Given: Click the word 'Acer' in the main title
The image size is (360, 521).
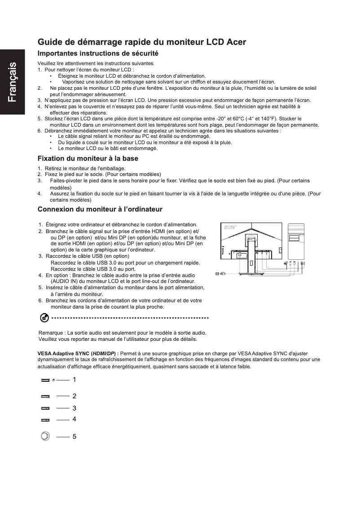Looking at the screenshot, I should pyautogui.click(x=236, y=43).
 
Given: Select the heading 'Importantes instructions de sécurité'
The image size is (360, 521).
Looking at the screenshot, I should pyautogui.click(x=98, y=53).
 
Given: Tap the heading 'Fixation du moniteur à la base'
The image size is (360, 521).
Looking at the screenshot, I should pyautogui.click(x=88, y=159).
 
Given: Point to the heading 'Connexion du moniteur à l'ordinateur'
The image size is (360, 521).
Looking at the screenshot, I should pyautogui.click(x=100, y=209).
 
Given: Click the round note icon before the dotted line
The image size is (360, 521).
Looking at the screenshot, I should pyautogui.click(x=44, y=318).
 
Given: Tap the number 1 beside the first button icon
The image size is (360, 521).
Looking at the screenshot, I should pyautogui.click(x=74, y=380).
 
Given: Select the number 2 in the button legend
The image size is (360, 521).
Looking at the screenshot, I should pyautogui.click(x=74, y=396).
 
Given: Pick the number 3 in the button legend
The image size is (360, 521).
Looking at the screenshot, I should pyautogui.click(x=74, y=408).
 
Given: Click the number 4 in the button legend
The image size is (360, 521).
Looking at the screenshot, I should pyautogui.click(x=74, y=419).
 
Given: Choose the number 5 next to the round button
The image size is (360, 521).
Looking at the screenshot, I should pyautogui.click(x=74, y=436).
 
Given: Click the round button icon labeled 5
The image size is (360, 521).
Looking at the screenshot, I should pyautogui.click(x=45, y=436).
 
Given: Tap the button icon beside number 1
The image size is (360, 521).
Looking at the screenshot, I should pyautogui.click(x=45, y=380).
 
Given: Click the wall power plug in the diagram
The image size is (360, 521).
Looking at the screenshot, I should pyautogui.click(x=219, y=273).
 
